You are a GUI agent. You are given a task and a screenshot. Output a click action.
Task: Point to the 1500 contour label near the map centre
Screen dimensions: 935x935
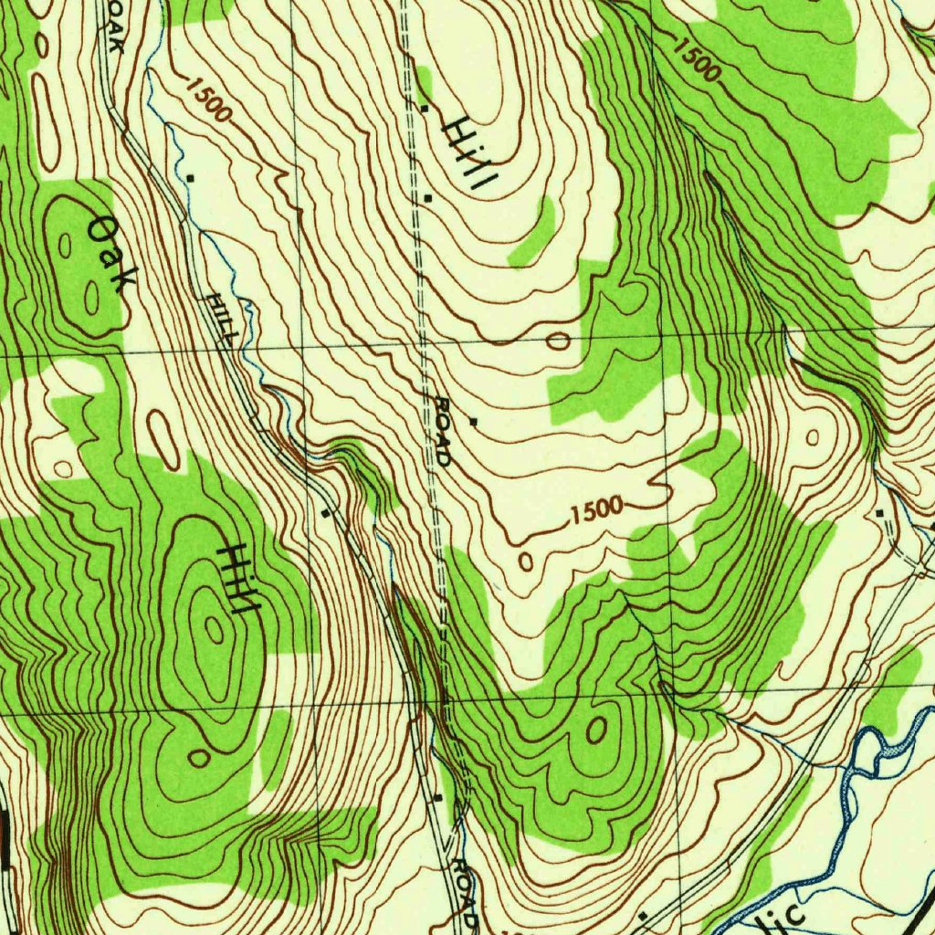coord(597,510)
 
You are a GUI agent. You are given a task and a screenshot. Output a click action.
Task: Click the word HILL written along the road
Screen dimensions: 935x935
coord(222,319)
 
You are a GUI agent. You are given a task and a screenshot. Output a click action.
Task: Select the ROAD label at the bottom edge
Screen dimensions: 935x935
coord(465,890)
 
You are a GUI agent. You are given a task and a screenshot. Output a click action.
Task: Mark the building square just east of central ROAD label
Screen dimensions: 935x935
coord(473,422)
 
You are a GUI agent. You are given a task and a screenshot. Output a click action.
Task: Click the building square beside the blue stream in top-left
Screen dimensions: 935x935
coord(190,175)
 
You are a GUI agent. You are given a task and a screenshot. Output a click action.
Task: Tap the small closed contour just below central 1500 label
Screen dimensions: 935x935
coord(526,561)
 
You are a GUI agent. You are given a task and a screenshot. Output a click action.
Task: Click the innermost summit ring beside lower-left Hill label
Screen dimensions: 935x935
coord(215,628)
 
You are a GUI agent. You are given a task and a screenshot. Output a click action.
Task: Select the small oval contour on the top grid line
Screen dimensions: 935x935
coord(558,342)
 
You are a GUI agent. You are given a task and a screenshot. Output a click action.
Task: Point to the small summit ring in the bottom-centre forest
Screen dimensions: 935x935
coord(595,729)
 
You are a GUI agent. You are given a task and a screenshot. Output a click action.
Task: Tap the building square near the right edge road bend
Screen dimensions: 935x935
coord(879,514)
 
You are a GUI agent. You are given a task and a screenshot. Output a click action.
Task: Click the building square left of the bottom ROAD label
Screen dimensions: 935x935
coord(439,798)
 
